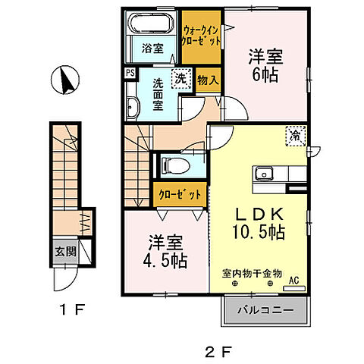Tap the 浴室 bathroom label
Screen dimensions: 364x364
tap(152, 49)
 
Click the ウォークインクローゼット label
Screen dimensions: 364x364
tap(202, 36)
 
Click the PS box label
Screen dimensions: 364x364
tap(130, 74)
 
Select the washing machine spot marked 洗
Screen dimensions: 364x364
tap(181, 78)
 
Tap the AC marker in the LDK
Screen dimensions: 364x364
tap(293, 280)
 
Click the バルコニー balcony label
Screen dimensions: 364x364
tap(266, 310)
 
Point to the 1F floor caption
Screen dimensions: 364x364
tap(72, 310)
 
